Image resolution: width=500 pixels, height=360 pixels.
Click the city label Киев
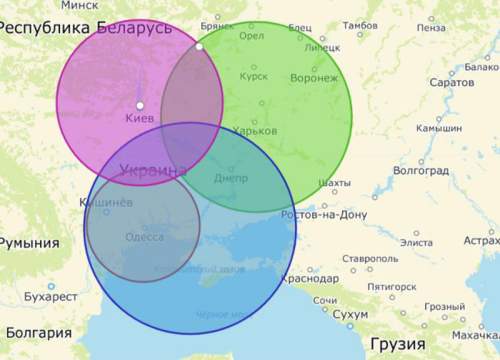point(139,119)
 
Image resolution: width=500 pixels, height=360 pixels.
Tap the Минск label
point(80,5)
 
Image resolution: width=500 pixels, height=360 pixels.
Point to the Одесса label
point(145,237)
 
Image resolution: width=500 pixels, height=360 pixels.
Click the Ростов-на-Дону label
point(324,214)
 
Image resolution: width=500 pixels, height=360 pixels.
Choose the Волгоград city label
point(421,171)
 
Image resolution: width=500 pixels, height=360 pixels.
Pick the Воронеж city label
point(313,77)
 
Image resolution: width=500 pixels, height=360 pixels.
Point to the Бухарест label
point(50,297)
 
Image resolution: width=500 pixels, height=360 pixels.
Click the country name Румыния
point(28,243)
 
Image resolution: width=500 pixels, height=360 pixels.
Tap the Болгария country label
point(36,333)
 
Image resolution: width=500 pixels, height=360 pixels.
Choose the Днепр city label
point(230,177)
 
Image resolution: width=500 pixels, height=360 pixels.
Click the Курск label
point(254,75)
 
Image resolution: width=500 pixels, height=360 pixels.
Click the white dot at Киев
point(140,105)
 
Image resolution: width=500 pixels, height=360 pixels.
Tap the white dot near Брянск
point(199,46)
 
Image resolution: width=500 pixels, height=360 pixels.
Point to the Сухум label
point(350,316)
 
